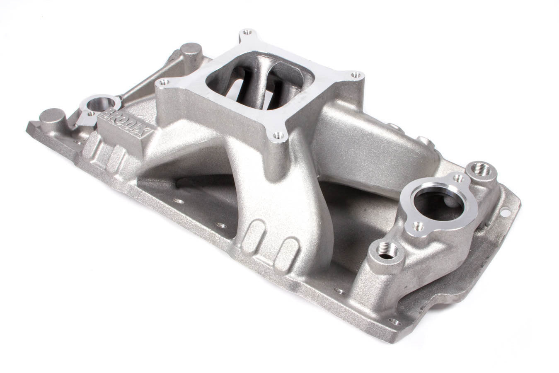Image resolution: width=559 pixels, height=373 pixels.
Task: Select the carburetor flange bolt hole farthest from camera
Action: [248, 32]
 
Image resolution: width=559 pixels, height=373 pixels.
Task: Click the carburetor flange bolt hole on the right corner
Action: [355, 75]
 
